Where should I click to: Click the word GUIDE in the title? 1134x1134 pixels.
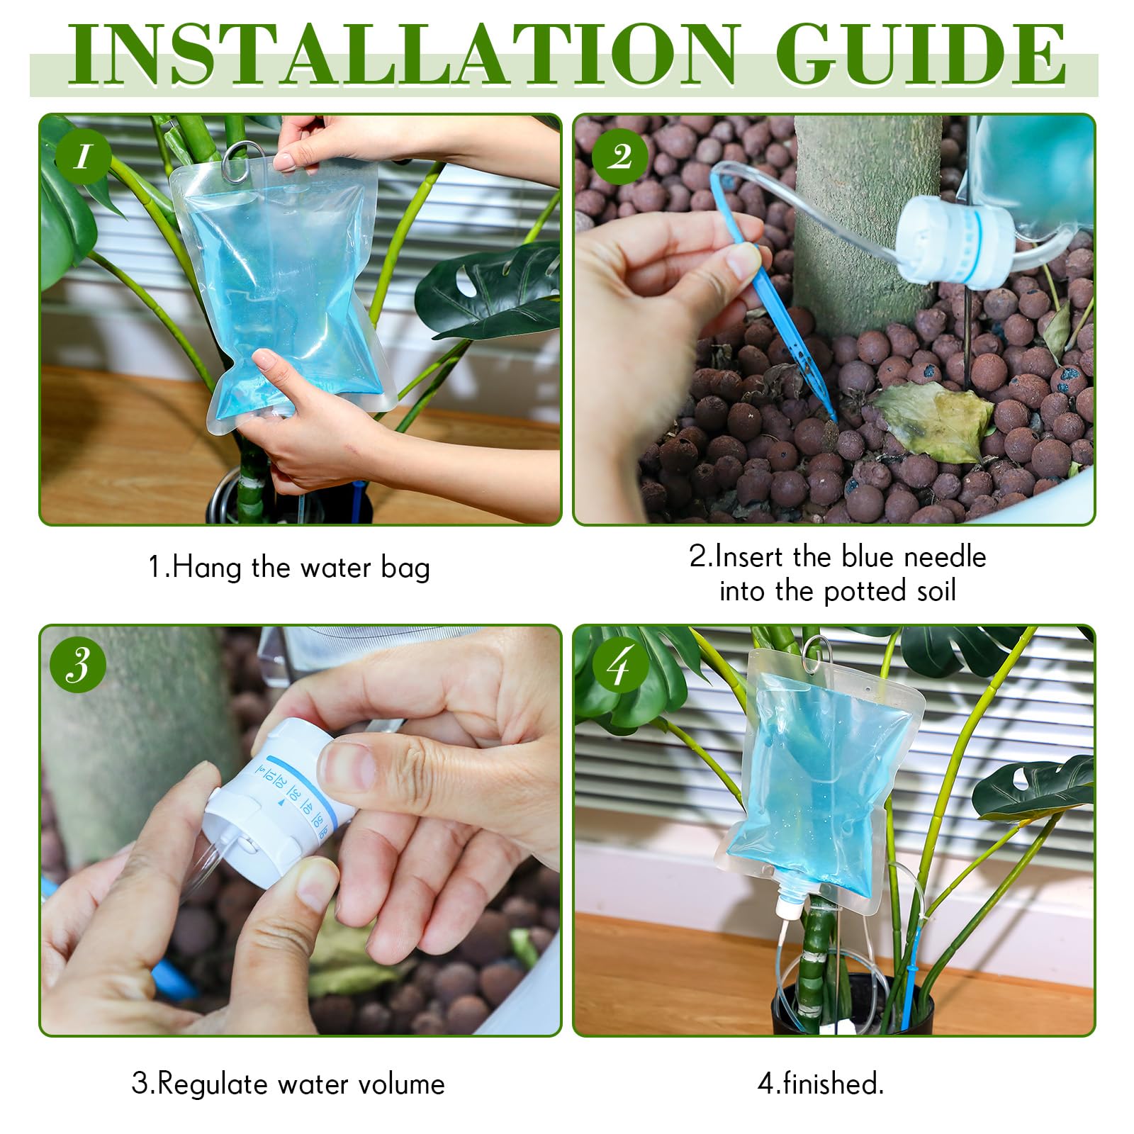tap(921, 55)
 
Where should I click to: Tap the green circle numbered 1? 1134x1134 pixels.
tap(83, 157)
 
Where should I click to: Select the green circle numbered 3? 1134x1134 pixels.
tap(79, 666)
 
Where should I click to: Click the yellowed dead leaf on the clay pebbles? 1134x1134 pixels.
tap(932, 419)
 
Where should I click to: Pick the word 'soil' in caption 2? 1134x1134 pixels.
tap(936, 591)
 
